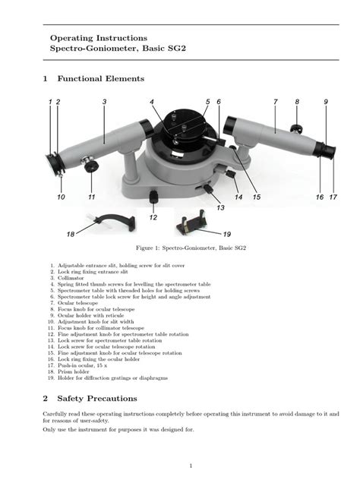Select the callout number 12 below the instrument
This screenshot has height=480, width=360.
153,217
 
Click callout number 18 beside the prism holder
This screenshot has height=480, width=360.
70,235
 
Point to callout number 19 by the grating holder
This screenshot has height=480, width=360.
226,235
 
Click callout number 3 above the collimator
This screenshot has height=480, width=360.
103,102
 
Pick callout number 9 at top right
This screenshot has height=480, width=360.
325,102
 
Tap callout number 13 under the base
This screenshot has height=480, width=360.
220,207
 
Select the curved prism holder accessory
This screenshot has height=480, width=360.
110,222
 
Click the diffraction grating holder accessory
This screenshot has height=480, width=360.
191,223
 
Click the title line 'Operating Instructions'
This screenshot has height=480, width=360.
99,37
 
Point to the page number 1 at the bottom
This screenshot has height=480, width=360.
191,465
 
